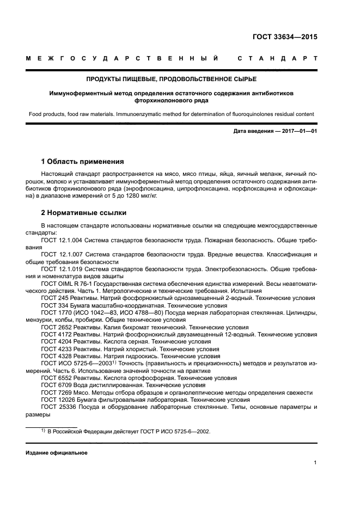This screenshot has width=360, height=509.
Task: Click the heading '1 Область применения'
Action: click(x=82, y=162)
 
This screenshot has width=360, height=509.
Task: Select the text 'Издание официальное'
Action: click(x=57, y=453)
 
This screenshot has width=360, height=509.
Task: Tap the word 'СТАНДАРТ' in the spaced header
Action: click(x=277, y=58)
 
